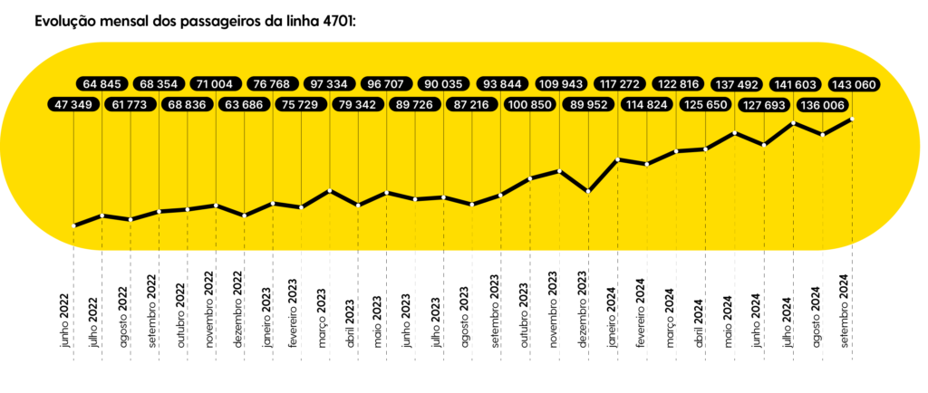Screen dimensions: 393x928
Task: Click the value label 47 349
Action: (73, 106)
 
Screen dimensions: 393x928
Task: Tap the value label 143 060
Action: (853, 84)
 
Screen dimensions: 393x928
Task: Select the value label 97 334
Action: (330, 84)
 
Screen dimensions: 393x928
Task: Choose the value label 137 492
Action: (737, 84)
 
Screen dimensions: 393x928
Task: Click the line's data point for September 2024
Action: (852, 119)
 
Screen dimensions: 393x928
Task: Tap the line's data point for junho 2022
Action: (73, 225)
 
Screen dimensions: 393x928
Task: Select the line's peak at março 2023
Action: (330, 190)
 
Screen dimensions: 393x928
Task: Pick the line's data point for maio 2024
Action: (736, 133)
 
